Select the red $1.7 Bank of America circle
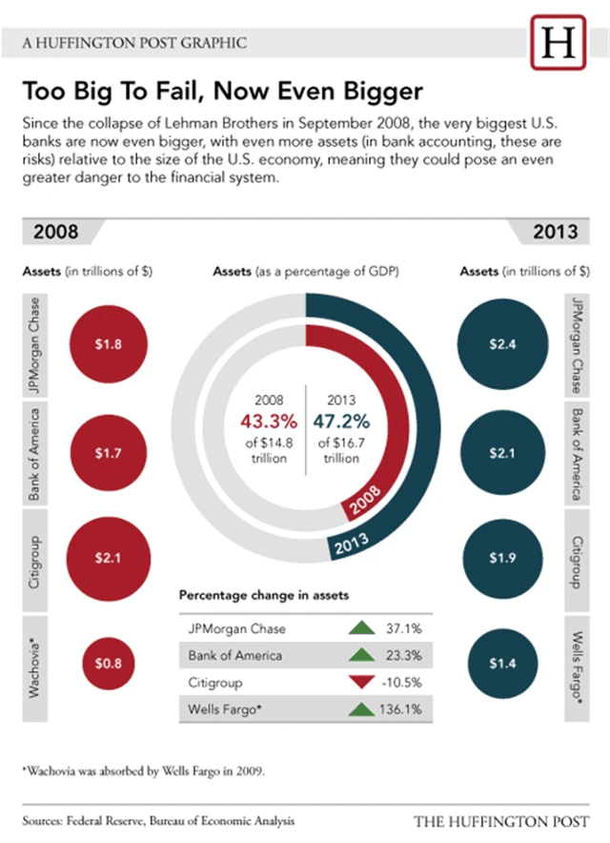click(108, 453)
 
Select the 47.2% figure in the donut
click(345, 421)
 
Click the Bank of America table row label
click(235, 656)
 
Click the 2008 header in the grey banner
click(56, 232)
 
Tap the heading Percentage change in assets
click(264, 594)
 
